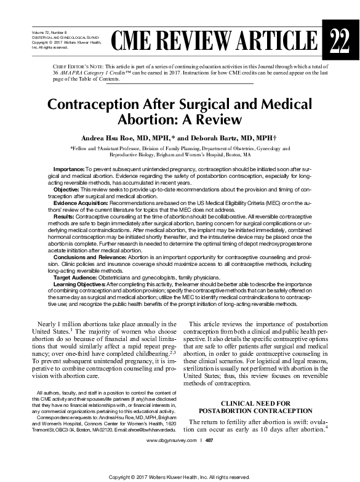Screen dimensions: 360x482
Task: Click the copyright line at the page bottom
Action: click(x=179, y=476)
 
